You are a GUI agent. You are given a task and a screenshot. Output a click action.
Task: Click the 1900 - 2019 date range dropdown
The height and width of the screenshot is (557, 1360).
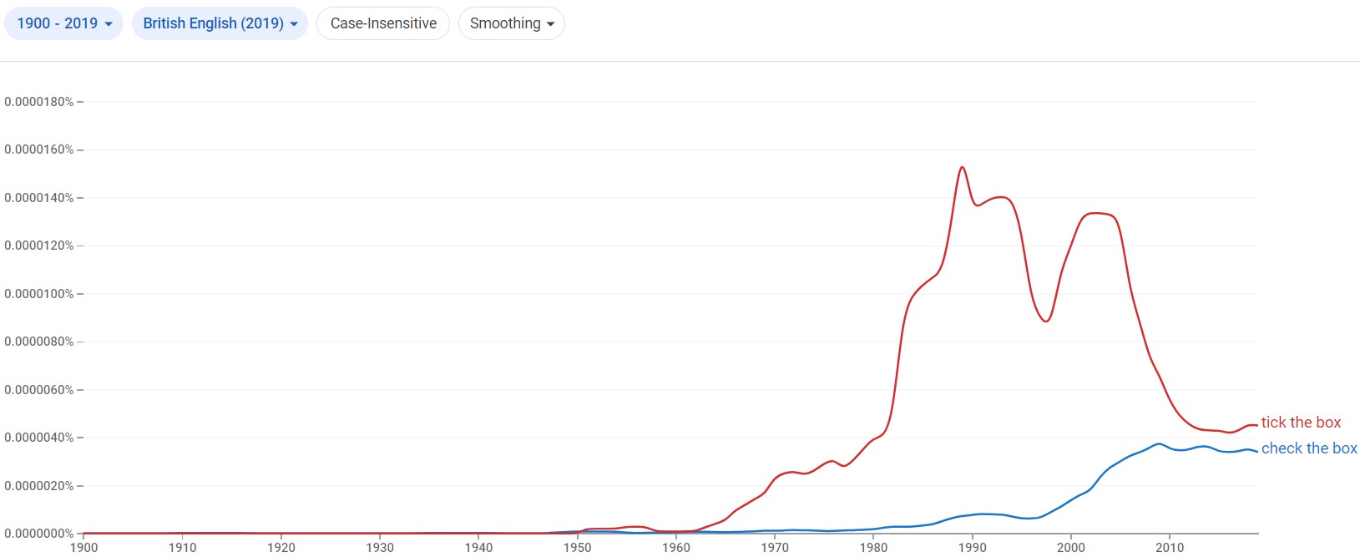(64, 23)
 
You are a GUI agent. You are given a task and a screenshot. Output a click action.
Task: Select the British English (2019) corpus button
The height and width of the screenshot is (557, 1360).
(220, 23)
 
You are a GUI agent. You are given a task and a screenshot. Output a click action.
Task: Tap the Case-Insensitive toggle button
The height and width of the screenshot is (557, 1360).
(383, 23)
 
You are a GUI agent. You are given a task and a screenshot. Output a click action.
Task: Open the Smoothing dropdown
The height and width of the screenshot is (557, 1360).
(511, 23)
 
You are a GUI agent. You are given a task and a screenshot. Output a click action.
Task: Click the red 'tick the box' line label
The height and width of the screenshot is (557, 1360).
(1301, 423)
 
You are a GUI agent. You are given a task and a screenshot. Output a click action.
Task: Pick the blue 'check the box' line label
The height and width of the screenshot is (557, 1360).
(1308, 448)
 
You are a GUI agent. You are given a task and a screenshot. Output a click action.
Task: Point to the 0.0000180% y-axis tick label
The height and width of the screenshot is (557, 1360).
(39, 102)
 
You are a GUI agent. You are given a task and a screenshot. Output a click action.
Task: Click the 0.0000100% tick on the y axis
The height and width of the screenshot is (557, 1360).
(39, 294)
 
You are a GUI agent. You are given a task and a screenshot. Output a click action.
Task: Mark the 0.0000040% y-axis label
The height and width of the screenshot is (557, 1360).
(39, 438)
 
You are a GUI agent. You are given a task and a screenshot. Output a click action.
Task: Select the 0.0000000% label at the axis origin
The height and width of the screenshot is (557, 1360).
(39, 534)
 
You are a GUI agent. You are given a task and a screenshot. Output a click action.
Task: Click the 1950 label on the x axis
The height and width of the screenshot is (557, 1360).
(578, 548)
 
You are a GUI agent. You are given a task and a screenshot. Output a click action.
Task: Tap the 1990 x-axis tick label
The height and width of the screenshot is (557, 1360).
(973, 548)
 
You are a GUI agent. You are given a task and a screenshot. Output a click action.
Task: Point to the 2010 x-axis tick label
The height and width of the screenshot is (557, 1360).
(1170, 548)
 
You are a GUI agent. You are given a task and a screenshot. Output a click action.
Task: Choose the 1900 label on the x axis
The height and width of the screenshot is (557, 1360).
(83, 548)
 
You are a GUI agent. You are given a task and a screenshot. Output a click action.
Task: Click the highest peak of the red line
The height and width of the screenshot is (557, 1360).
(963, 167)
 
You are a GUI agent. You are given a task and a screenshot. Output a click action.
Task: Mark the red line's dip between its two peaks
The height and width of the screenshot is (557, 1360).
(1046, 322)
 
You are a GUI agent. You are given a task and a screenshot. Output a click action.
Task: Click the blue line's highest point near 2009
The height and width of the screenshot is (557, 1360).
(1159, 443)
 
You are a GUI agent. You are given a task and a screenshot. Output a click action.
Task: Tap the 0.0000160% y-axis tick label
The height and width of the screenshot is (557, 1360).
(39, 149)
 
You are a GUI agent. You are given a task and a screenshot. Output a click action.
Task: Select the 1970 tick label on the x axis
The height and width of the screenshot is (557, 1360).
(775, 548)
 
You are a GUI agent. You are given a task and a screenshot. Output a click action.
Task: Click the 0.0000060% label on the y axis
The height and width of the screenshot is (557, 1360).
(39, 390)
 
